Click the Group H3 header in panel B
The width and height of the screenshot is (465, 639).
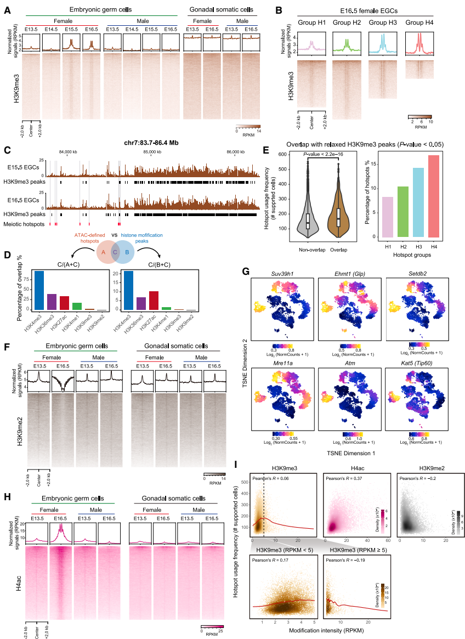(382, 23)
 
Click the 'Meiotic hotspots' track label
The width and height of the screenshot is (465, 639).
(24, 224)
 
